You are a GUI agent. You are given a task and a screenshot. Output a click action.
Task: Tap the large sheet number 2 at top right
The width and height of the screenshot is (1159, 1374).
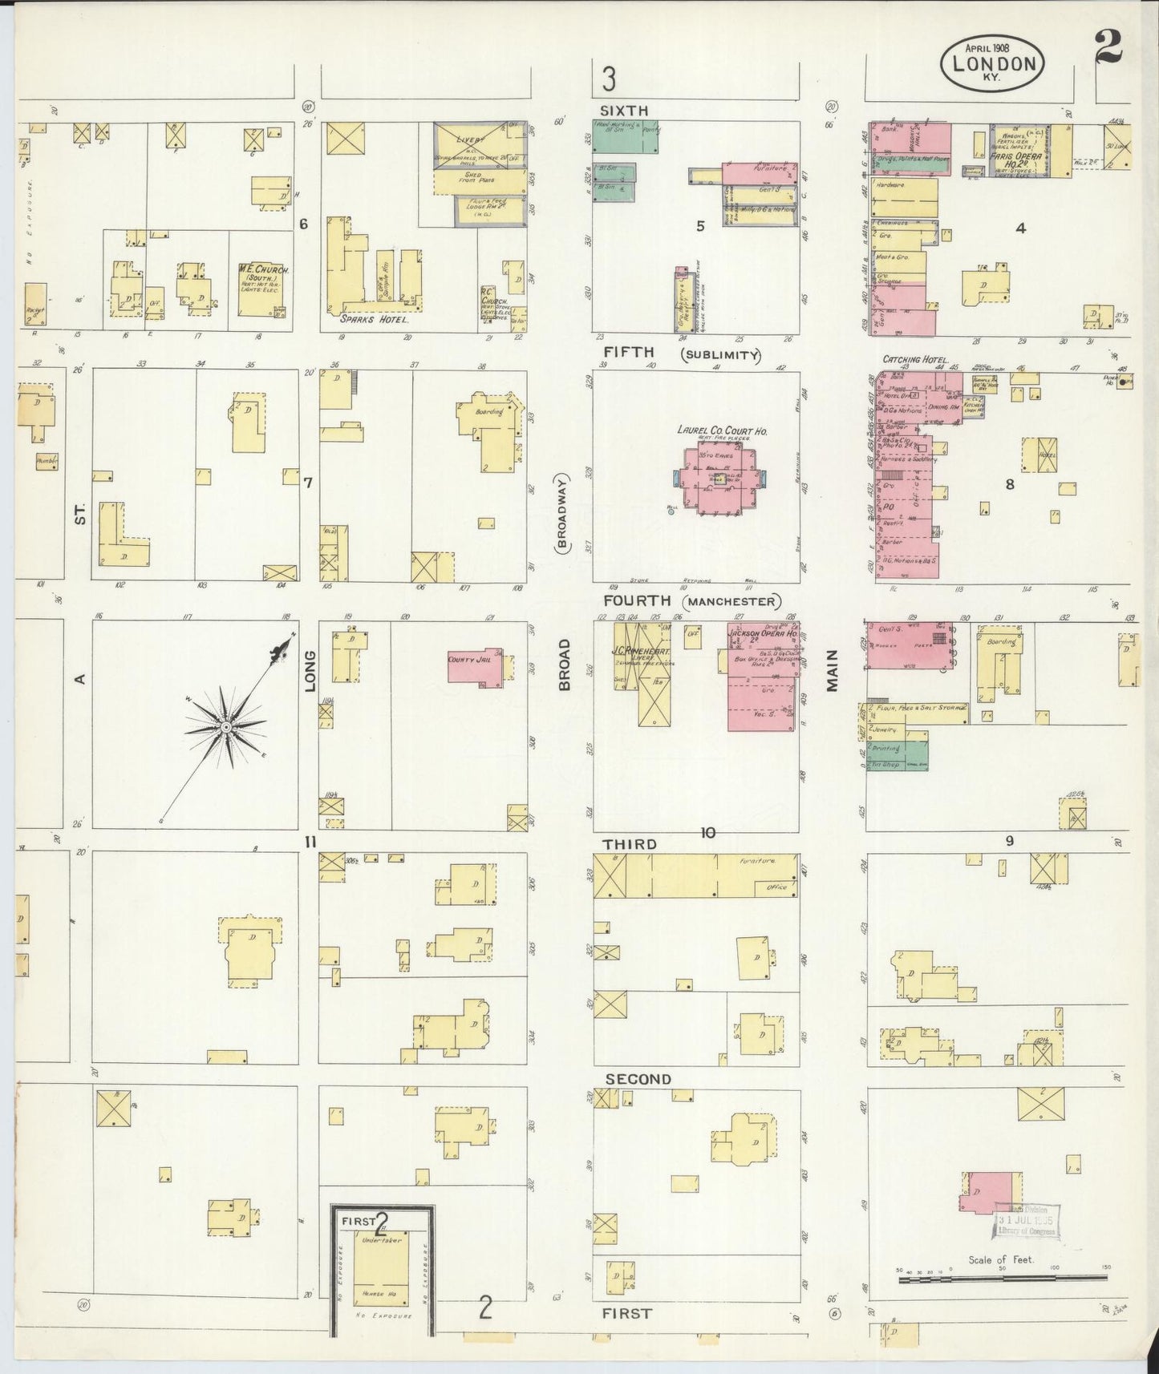(x=1108, y=47)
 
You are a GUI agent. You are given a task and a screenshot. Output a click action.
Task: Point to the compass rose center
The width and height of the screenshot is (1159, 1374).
(x=227, y=726)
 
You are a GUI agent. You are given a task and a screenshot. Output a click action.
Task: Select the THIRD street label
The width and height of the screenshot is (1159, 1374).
(x=630, y=844)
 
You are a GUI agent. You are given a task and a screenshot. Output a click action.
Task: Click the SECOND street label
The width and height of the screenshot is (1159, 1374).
(x=638, y=1079)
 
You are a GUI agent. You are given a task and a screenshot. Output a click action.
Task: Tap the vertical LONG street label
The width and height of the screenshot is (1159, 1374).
(x=310, y=670)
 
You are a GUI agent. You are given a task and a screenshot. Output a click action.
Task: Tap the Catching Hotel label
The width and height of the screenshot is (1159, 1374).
(x=914, y=360)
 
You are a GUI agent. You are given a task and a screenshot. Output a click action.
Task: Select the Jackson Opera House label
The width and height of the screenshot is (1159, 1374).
(x=762, y=633)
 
